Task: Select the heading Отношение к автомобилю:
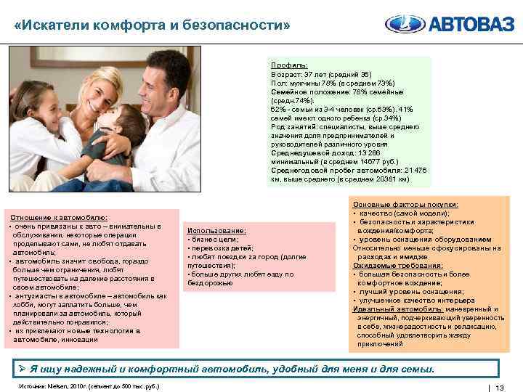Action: tap(58, 218)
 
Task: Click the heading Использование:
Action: tap(216, 231)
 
